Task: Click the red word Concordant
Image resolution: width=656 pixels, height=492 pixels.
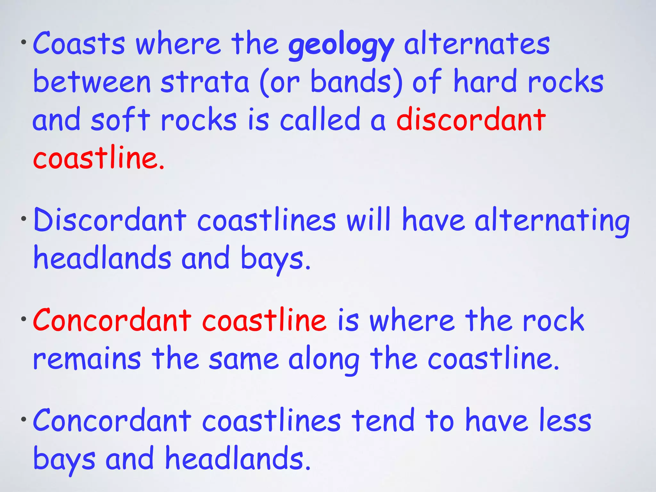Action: [x=112, y=320]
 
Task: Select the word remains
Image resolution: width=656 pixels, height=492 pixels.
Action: [x=87, y=359]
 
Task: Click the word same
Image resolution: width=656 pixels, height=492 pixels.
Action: [x=243, y=359]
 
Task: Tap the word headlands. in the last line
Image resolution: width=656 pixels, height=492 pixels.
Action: [x=238, y=458]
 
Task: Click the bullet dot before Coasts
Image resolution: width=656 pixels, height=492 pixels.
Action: [x=23, y=42]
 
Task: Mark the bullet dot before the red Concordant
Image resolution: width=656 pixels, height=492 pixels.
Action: [x=23, y=319]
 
